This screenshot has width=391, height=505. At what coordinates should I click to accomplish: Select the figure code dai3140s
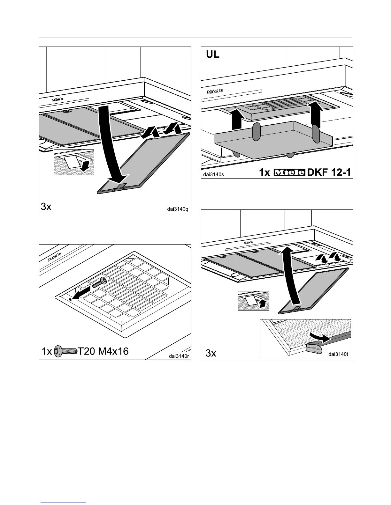coord(214,174)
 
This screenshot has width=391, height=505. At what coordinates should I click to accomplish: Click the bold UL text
coord(211,55)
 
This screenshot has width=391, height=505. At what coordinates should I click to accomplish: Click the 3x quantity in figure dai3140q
coord(46,207)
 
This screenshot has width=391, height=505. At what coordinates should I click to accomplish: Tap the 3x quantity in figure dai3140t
coord(211,354)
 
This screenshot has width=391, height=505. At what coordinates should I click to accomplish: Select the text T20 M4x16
coord(103,351)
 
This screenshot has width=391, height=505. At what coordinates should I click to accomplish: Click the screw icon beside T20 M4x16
coord(65,351)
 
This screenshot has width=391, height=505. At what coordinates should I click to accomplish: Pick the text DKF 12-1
coord(329,172)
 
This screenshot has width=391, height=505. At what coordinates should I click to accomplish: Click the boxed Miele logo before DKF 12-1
coord(289,172)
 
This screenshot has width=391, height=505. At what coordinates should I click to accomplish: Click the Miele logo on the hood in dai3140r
coord(55,256)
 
